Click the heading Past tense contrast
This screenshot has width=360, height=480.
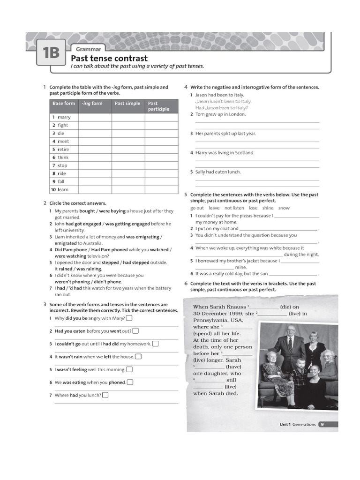[x=109, y=58]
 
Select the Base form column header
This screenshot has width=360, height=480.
[x=64, y=104]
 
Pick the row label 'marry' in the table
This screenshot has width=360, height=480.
[x=64, y=117]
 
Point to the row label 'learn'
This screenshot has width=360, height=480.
[x=63, y=189]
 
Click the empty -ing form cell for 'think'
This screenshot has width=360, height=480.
[x=95, y=157]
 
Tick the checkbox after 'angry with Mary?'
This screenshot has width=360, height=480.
[x=129, y=318]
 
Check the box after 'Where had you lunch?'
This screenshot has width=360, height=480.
[x=105, y=395]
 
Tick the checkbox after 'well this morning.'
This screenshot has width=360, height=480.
[x=129, y=369]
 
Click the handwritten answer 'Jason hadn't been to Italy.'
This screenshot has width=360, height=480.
[x=223, y=101]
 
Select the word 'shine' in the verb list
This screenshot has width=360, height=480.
[x=268, y=208]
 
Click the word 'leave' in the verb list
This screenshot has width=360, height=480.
[x=214, y=208]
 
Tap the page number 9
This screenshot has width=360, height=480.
[x=322, y=424]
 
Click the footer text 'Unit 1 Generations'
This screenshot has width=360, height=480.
[x=297, y=424]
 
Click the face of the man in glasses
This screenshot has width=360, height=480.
[x=291, y=330]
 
